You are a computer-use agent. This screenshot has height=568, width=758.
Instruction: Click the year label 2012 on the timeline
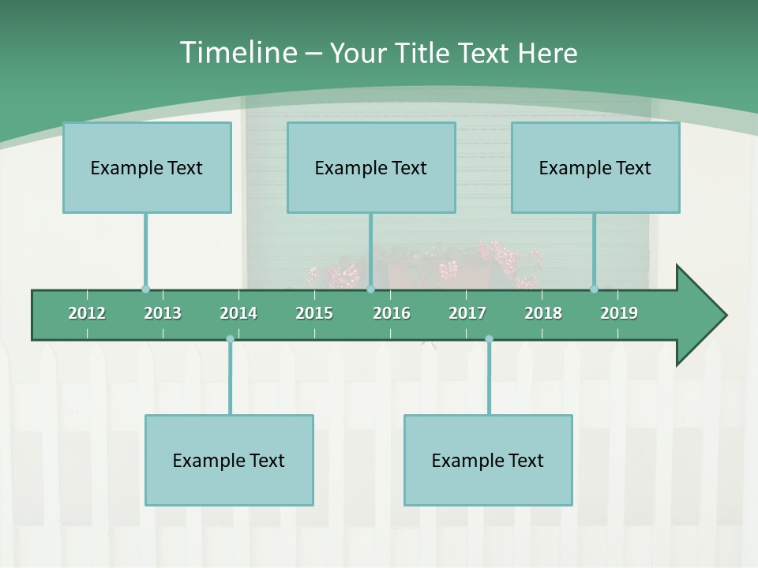pyautogui.click(x=87, y=313)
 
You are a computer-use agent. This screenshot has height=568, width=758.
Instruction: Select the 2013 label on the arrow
pyautogui.click(x=163, y=313)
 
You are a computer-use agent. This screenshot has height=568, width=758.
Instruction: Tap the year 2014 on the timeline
pyautogui.click(x=238, y=313)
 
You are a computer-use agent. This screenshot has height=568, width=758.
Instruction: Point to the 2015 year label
pyautogui.click(x=314, y=313)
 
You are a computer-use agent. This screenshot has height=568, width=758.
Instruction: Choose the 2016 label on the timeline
pyautogui.click(x=392, y=313)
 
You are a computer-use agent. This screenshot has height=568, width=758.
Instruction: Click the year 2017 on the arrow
pyautogui.click(x=467, y=313)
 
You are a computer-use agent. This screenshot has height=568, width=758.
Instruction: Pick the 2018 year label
pyautogui.click(x=543, y=313)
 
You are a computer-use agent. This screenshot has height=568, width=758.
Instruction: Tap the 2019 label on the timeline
pyautogui.click(x=619, y=313)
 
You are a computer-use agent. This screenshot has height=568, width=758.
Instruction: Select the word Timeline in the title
pyautogui.click(x=237, y=53)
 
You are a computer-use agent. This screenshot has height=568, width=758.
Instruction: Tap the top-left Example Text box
pyautogui.click(x=147, y=167)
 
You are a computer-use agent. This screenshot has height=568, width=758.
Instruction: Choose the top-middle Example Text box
pyautogui.click(x=371, y=167)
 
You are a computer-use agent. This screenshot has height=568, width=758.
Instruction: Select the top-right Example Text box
pyautogui.click(x=595, y=167)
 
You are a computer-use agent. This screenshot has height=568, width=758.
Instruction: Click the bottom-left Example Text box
pyautogui.click(x=229, y=460)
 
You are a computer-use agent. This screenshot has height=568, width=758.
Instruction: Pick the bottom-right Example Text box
pyautogui.click(x=488, y=460)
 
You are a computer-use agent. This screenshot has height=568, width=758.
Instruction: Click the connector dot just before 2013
pyautogui.click(x=145, y=290)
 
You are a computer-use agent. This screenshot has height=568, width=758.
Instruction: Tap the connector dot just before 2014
pyautogui.click(x=230, y=339)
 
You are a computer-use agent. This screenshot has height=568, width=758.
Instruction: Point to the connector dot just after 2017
pyautogui.click(x=489, y=339)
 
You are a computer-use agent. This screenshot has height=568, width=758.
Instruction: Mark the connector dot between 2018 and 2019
pyautogui.click(x=595, y=290)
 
